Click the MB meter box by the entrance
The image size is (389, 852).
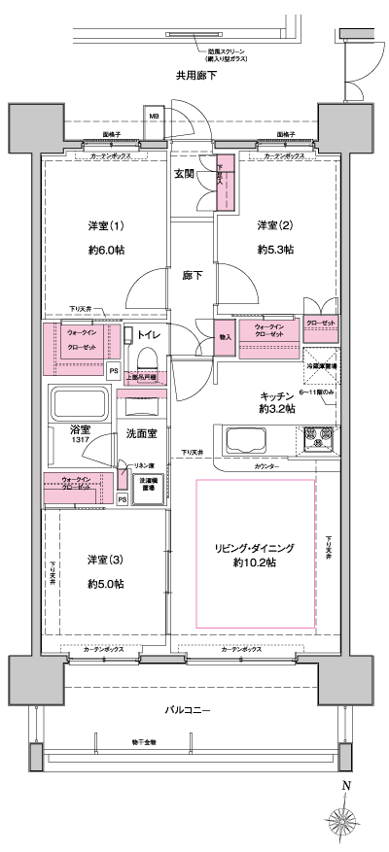(154, 117)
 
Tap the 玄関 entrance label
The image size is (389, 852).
(184, 174)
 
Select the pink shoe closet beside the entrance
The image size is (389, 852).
(226, 182)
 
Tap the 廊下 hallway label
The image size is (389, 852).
(193, 275)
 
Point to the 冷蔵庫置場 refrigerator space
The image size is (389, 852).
(321, 366)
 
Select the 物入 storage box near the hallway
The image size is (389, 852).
(225, 336)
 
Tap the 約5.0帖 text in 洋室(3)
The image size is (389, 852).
(105, 584)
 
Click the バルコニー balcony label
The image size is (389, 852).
(188, 710)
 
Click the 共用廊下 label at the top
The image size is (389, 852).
(195, 75)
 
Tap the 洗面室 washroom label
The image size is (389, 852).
(141, 434)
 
